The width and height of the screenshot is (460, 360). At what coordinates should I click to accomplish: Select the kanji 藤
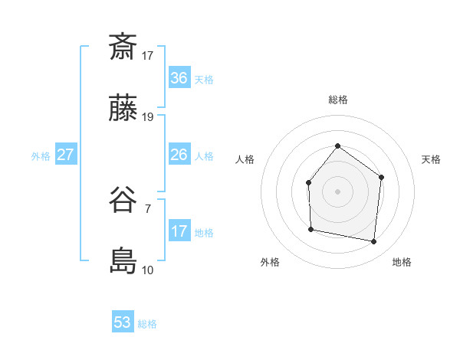pyautogui.click(x=123, y=110)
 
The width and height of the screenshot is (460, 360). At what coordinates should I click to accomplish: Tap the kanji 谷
pyautogui.click(x=123, y=201)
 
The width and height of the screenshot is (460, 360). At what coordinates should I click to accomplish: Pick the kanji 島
pyautogui.click(x=123, y=261)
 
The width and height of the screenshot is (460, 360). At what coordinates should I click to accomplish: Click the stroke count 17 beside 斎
pyautogui.click(x=148, y=55)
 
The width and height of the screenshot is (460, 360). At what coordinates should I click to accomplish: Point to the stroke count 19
pyautogui.click(x=148, y=117)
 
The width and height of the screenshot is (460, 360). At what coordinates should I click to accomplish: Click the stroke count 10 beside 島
pyautogui.click(x=148, y=270)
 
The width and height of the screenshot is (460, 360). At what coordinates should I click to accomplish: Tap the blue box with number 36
pyautogui.click(x=179, y=78)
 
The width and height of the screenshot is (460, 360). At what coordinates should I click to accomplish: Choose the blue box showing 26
pyautogui.click(x=179, y=155)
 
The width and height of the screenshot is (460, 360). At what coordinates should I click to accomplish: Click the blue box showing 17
pyautogui.click(x=179, y=231)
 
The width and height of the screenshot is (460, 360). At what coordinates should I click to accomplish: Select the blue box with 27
pyautogui.click(x=66, y=155)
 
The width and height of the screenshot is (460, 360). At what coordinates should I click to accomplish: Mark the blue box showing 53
pyautogui.click(x=123, y=322)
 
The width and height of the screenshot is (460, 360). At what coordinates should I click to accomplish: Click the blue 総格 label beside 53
pyautogui.click(x=147, y=324)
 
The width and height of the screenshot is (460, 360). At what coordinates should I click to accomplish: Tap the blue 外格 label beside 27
pyautogui.click(x=41, y=156)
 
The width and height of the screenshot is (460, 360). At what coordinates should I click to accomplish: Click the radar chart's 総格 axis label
pyautogui.click(x=338, y=100)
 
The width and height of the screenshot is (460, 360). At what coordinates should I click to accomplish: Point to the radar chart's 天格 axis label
pyautogui.click(x=432, y=159)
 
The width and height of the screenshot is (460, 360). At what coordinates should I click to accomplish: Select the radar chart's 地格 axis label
pyautogui.click(x=402, y=263)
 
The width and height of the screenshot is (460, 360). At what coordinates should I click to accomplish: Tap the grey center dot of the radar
pyautogui.click(x=337, y=191)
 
